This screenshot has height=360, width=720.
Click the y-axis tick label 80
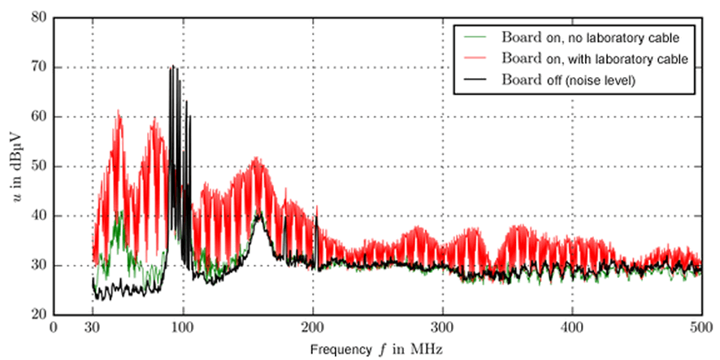[x=38, y=18]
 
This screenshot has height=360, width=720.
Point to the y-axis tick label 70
[x=38, y=67]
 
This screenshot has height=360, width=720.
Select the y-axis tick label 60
[x=38, y=117]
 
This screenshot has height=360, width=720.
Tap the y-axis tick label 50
[x=38, y=167]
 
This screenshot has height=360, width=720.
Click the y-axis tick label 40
[x=38, y=216]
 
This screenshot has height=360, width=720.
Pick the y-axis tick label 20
[x=38, y=315]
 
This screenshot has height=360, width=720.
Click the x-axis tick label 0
[x=54, y=328]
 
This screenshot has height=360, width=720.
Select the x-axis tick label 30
[x=93, y=328]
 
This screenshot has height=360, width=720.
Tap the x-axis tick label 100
[x=183, y=328]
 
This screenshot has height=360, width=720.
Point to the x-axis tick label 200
[x=313, y=328]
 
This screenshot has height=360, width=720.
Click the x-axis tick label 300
[x=442, y=328]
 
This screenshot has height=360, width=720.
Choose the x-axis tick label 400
[x=572, y=328]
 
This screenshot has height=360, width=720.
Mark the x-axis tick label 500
[x=701, y=328]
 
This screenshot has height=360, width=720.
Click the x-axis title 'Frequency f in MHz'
[x=377, y=349]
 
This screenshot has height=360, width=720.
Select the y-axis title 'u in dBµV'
[x=14, y=167]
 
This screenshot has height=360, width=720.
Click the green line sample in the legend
[x=476, y=37]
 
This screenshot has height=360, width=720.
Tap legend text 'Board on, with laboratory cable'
[x=595, y=59]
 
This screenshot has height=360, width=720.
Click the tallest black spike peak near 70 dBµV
[x=172, y=67]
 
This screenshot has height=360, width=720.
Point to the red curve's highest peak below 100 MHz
[x=119, y=111]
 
